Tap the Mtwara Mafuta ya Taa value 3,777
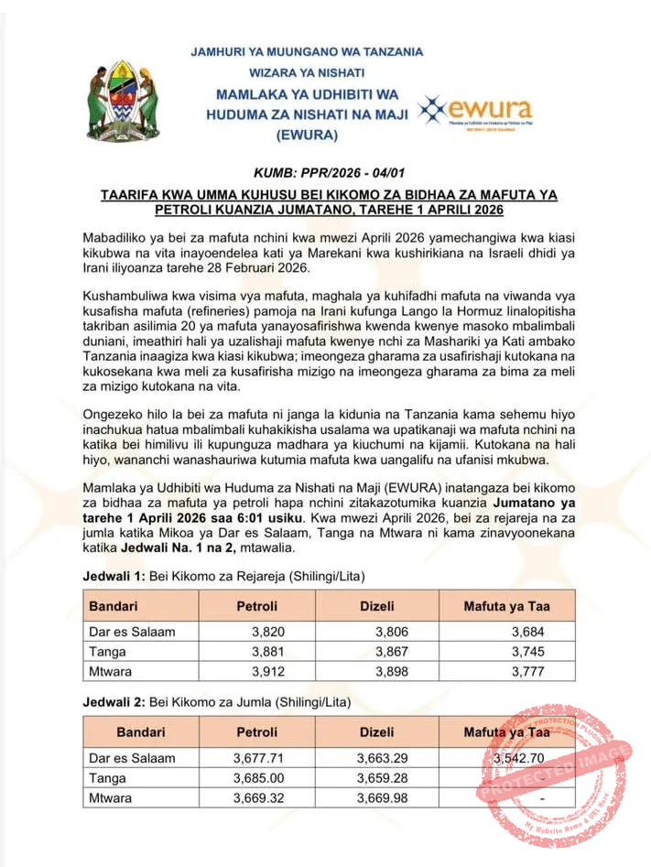point(528,673)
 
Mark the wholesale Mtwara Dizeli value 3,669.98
point(382,798)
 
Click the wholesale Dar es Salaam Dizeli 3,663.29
point(382,758)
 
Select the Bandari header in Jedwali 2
point(141,732)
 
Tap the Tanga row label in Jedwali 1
point(108,652)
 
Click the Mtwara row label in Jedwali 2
point(111,798)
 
